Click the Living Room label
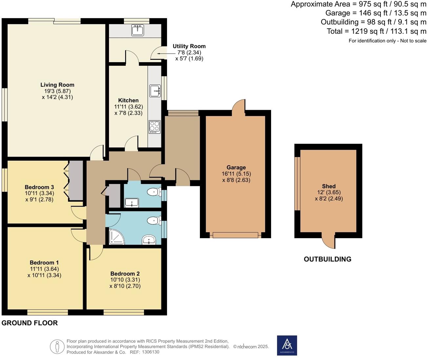click(57, 85)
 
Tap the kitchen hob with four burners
click(155, 126)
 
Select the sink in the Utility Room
click(138, 30)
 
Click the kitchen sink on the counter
click(155, 91)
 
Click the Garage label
click(236, 168)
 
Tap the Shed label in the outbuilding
click(329, 186)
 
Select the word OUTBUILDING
click(327, 259)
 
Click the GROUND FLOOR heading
click(30, 323)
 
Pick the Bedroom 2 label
click(125, 274)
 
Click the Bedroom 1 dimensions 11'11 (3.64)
click(44, 269)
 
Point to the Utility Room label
click(189, 46)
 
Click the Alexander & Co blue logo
click(287, 345)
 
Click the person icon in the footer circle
click(57, 347)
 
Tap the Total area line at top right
click(376, 31)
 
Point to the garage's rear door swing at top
click(239, 107)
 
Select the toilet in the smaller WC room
click(154, 192)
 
